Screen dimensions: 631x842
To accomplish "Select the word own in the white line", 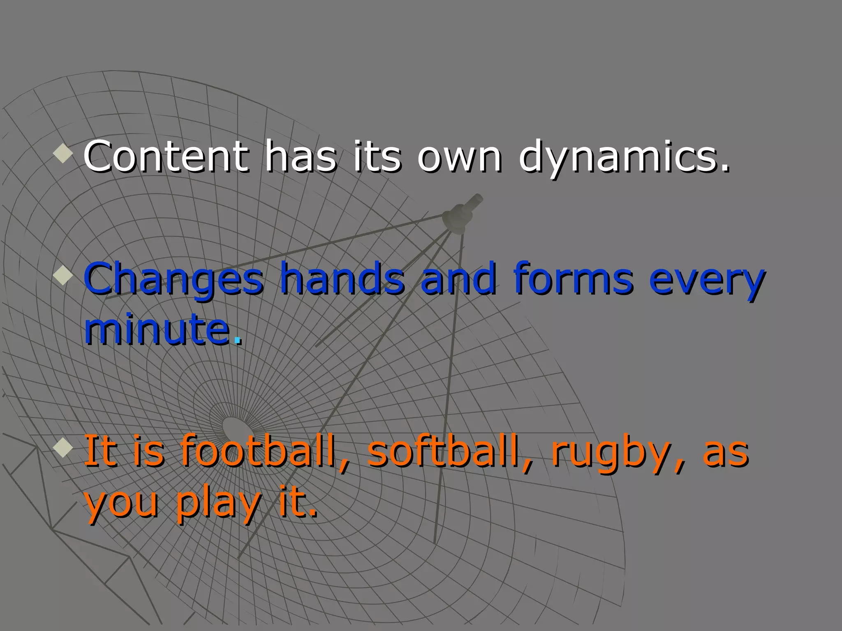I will (x=459, y=157).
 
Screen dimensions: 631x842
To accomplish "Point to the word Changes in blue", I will (x=173, y=279).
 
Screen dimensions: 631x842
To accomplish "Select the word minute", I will (x=157, y=329).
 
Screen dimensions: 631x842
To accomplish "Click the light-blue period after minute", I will (x=237, y=340).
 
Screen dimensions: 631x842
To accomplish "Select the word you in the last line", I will (x=121, y=504).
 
